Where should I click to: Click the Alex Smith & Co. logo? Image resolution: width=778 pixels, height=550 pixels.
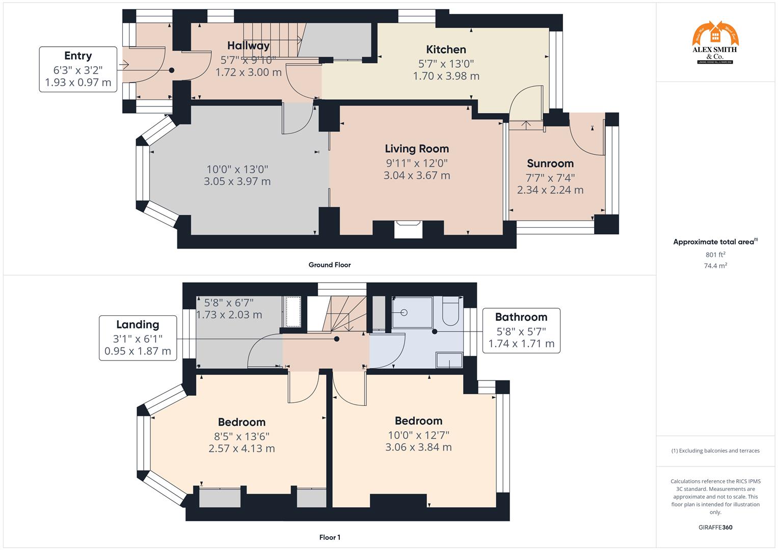[715, 43]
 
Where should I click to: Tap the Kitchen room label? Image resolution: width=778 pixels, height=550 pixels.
[446, 49]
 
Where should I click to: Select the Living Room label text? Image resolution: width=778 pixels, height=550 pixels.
[417, 149]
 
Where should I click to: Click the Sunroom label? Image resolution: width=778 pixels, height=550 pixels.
[550, 163]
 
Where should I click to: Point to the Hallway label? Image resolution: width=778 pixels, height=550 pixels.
[248, 46]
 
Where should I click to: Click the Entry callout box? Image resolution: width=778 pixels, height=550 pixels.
[78, 69]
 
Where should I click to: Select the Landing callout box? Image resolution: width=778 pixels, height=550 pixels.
[138, 338]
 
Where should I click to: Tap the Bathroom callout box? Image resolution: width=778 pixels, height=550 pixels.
[521, 331]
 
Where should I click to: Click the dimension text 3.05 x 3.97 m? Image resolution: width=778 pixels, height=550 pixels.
[237, 181]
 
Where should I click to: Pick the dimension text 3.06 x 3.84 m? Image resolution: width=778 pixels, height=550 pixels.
[418, 447]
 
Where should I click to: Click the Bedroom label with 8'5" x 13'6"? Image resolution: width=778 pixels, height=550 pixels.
[242, 422]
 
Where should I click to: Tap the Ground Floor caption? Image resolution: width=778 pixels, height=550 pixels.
[330, 265]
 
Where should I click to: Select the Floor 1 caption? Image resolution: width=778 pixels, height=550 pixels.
[330, 537]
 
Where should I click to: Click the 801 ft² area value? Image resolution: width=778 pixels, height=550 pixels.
[715, 255]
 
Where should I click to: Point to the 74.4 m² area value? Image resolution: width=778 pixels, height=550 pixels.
[715, 265]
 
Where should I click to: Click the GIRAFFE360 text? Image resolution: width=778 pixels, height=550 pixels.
[715, 528]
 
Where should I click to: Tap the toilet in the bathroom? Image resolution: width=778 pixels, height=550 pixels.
[450, 312]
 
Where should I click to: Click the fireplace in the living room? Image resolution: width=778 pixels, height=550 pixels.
[408, 229]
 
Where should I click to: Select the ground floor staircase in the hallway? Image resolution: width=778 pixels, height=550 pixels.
[273, 40]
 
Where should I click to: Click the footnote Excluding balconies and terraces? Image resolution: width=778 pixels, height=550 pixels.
[715, 451]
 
